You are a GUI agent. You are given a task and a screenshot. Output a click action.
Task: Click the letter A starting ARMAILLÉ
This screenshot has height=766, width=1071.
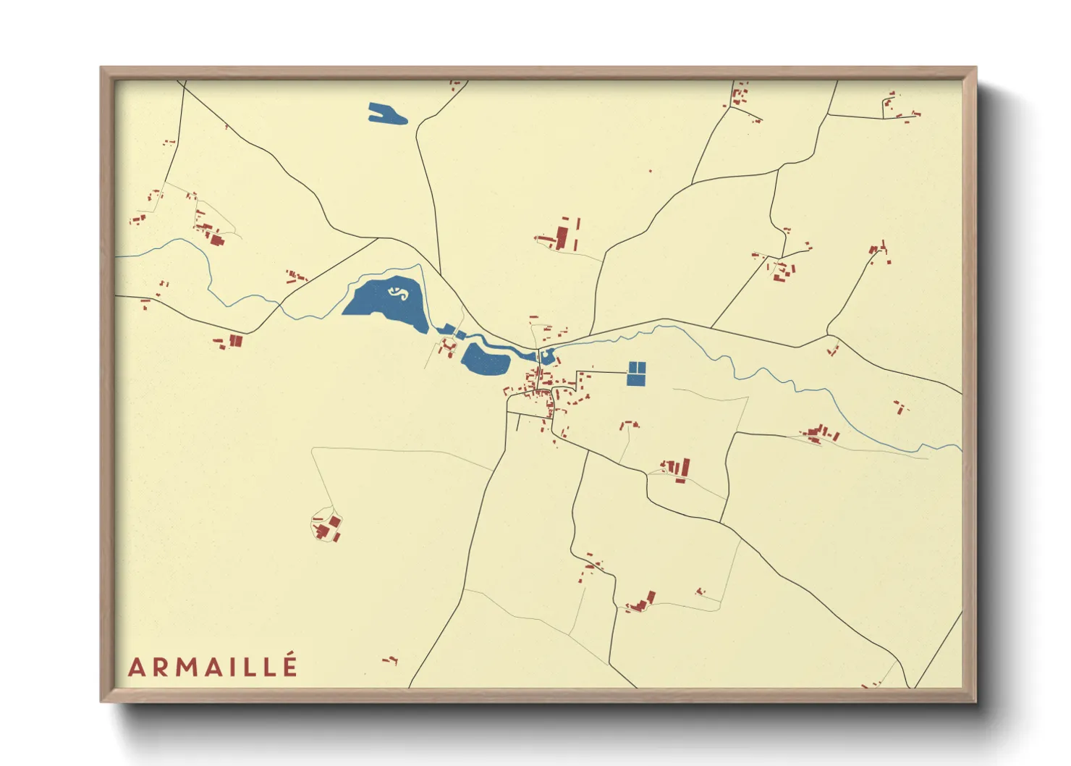coord(136,668)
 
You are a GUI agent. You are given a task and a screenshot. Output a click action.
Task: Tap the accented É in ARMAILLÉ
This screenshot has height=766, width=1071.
coord(289,665)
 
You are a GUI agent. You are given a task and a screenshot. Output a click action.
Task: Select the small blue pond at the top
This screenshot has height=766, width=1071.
coord(386,114)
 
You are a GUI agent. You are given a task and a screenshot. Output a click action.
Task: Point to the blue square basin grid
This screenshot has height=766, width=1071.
coord(636,373)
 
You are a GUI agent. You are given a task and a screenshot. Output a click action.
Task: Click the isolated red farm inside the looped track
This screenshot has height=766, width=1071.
coord(329,527)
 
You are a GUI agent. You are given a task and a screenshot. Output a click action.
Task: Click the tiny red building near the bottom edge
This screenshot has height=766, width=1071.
coord(391,660)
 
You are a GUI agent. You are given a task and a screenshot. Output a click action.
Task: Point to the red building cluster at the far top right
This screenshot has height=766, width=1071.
coord(897,107)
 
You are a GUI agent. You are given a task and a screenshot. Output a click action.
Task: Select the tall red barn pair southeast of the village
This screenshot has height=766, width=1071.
coord(681,469)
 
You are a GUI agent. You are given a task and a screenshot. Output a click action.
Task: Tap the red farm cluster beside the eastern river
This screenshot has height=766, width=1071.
coord(821,434)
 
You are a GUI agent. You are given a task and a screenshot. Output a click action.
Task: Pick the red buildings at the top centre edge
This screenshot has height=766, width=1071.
coord(456,85)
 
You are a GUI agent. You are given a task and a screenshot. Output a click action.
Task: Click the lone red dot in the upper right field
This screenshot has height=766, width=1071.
coord(650,172)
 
